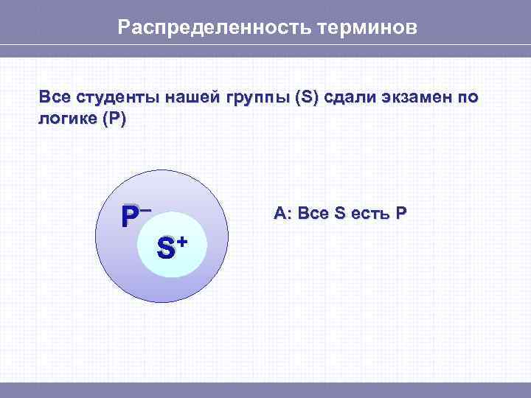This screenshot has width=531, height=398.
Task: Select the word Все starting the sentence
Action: (53, 98)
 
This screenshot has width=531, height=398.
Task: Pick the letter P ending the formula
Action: (400, 214)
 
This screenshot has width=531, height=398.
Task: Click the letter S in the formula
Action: (339, 214)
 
